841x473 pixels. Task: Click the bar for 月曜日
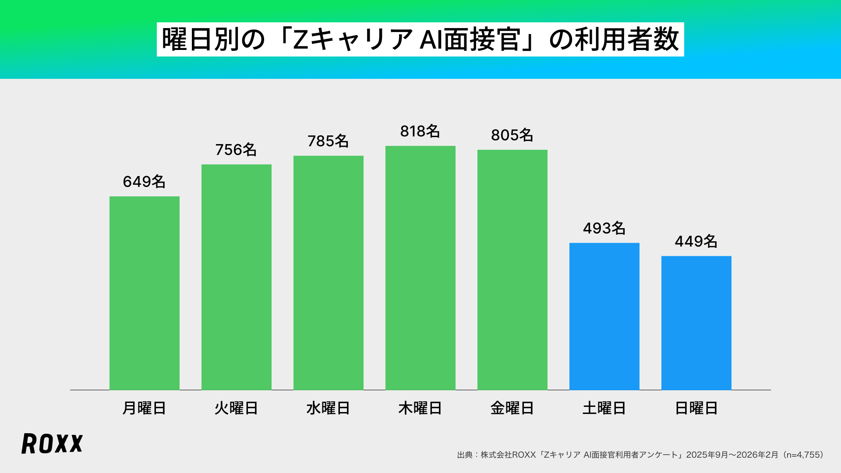click(145, 293)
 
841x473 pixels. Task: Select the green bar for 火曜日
click(237, 277)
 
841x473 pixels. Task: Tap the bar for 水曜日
click(329, 272)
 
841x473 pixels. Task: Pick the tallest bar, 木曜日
click(420, 268)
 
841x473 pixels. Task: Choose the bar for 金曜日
click(512, 270)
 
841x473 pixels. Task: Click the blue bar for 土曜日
click(604, 316)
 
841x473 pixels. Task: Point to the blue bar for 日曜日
click(696, 323)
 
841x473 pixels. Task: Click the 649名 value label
click(144, 182)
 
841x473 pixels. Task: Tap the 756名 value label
click(236, 150)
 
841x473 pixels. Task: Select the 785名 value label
click(328, 141)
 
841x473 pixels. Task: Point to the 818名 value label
click(420, 131)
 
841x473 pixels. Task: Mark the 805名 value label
click(512, 135)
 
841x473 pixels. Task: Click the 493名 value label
click(604, 228)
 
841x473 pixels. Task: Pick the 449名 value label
click(696, 241)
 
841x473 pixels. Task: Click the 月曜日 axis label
click(144, 408)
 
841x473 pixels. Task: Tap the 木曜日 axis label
click(420, 408)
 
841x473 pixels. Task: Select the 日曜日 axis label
click(696, 408)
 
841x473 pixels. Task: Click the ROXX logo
click(52, 444)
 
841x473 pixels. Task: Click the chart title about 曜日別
click(420, 39)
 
